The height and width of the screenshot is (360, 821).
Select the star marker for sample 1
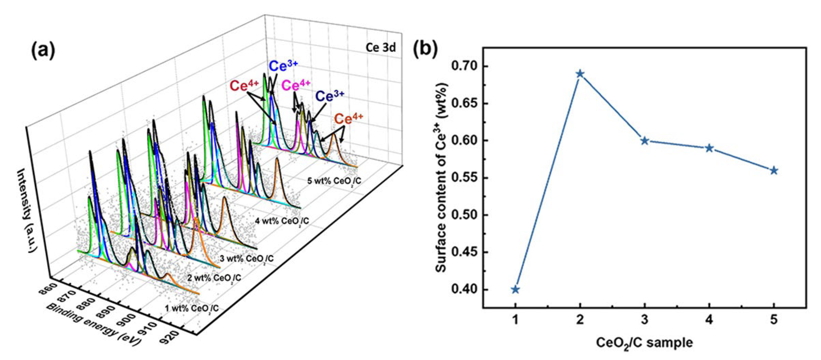[x=515, y=290]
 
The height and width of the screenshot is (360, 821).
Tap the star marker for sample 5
[x=774, y=171]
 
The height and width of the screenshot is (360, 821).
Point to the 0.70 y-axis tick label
[x=464, y=66]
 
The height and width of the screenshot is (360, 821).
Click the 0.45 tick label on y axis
[x=464, y=252]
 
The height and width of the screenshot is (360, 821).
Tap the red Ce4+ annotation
[x=244, y=86]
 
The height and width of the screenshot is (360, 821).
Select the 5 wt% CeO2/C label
[x=334, y=181]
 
